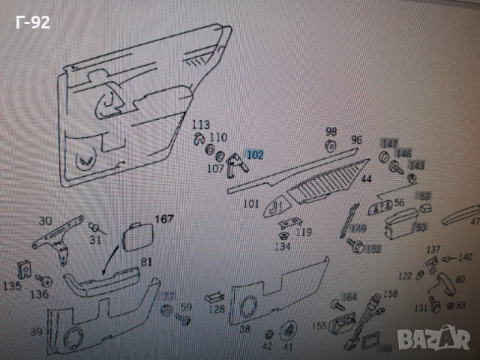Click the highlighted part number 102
pyautogui.click(x=255, y=155)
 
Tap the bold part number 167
pyautogui.click(x=163, y=220)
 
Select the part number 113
pyautogui.click(x=200, y=124)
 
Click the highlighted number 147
pyautogui.click(x=389, y=143)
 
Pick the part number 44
pyautogui.click(x=367, y=178)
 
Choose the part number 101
pyautogui.click(x=250, y=203)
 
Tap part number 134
pyautogui.click(x=282, y=245)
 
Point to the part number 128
pyautogui.click(x=217, y=309)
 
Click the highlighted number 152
pyautogui.click(x=373, y=248)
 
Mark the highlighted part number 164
pyautogui.click(x=349, y=298)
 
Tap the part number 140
pyautogui.click(x=465, y=257)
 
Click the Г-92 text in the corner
pyautogui.click(x=32, y=22)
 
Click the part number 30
pyautogui.click(x=46, y=220)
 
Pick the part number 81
pyautogui.click(x=145, y=262)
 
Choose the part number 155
pyautogui.click(x=319, y=326)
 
